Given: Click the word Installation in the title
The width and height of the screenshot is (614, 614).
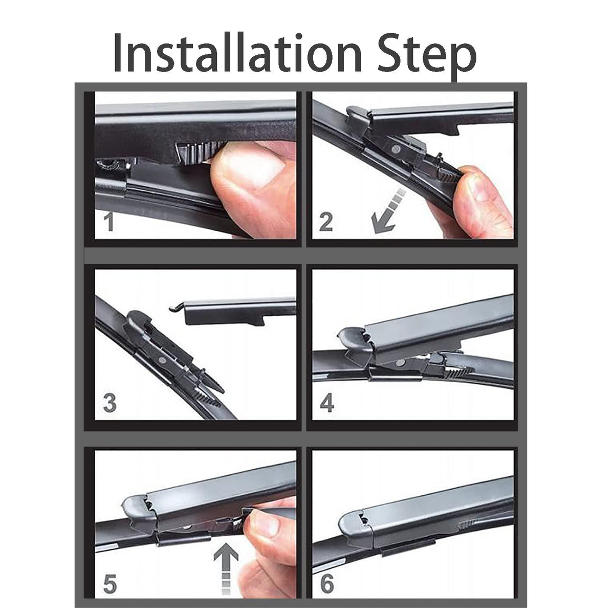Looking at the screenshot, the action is (237, 53).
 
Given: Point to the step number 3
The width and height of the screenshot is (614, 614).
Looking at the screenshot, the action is (109, 403).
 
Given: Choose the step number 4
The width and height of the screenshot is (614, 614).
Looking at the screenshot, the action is (326, 403).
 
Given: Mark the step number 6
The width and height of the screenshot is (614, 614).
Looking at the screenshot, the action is (326, 584).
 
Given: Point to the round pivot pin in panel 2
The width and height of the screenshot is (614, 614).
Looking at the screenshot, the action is (396, 148).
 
